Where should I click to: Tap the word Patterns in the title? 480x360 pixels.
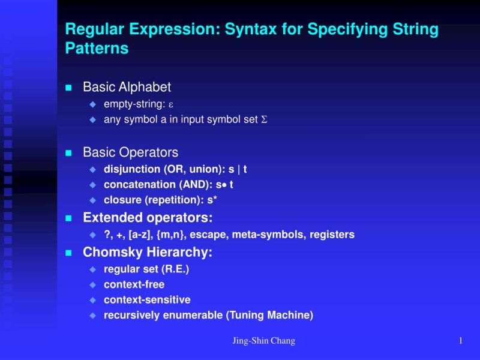pyautogui.click(x=97, y=49)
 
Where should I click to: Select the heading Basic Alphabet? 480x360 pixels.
pyautogui.click(x=127, y=87)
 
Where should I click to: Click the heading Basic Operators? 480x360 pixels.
pyautogui.click(x=130, y=152)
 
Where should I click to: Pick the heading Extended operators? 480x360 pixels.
pyautogui.click(x=148, y=217)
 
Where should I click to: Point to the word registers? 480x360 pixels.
pyautogui.click(x=332, y=235)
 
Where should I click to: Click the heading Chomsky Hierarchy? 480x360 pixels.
pyautogui.click(x=148, y=253)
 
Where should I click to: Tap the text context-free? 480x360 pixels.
pyautogui.click(x=134, y=284)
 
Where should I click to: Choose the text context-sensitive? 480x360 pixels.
pyautogui.click(x=147, y=300)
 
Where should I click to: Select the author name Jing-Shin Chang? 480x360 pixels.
pyautogui.click(x=263, y=341)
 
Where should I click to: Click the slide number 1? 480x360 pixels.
pyautogui.click(x=460, y=341)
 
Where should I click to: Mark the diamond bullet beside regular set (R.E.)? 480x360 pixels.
pyautogui.click(x=92, y=269)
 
